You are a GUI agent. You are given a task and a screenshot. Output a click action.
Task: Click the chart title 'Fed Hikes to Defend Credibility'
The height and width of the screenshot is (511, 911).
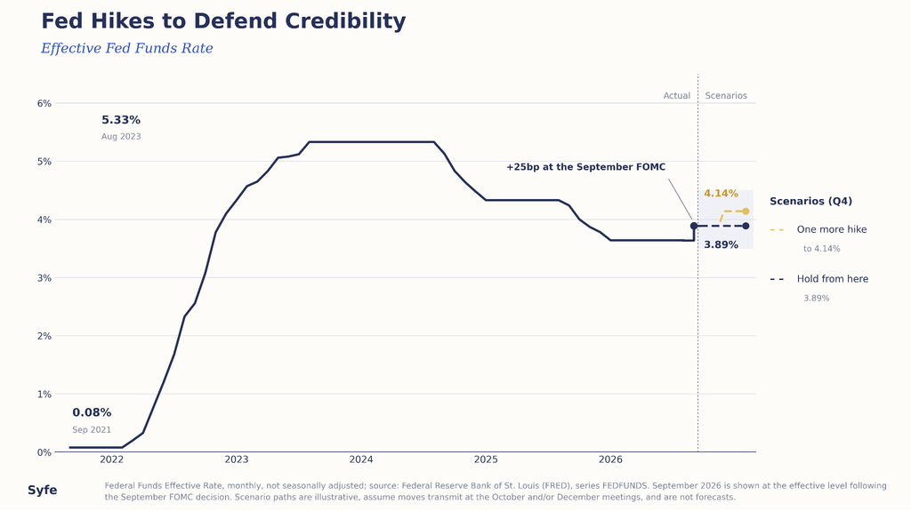(x=223, y=21)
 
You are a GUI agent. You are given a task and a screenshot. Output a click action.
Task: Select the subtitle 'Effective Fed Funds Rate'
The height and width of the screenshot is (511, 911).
(x=126, y=48)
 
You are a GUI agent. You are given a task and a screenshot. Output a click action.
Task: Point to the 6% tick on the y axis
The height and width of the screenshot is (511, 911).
(x=44, y=103)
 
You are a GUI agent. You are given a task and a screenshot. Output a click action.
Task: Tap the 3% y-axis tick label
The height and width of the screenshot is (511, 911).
(x=44, y=278)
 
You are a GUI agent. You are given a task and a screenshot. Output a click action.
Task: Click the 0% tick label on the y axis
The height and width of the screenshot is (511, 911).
(x=44, y=452)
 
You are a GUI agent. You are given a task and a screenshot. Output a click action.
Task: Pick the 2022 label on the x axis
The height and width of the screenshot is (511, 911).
(x=111, y=460)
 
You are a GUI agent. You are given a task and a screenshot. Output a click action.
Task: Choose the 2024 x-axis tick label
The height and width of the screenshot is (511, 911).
(x=361, y=460)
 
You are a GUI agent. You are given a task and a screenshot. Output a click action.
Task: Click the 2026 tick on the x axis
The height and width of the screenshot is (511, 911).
(x=610, y=460)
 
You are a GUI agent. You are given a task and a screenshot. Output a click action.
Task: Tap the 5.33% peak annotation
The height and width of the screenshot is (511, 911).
(x=121, y=120)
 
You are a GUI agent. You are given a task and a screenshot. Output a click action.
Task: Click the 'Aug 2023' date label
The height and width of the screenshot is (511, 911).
(x=121, y=137)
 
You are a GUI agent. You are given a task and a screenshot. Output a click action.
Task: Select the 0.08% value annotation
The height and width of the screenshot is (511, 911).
(x=92, y=413)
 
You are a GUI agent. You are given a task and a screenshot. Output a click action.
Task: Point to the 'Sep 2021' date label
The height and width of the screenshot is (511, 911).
(x=92, y=430)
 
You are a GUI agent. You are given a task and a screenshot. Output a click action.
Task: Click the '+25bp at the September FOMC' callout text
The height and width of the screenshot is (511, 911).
(x=585, y=167)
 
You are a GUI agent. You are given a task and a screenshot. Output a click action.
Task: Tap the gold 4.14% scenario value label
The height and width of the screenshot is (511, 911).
(x=721, y=194)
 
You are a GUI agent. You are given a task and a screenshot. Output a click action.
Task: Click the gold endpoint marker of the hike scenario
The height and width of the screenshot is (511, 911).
(x=746, y=212)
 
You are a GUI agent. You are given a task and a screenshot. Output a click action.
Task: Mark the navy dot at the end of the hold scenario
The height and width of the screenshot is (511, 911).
(x=746, y=226)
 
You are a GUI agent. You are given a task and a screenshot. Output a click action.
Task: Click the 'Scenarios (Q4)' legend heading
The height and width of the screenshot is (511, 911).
(x=811, y=202)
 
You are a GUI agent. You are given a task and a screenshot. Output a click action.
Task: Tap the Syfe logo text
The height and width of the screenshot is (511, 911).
(x=43, y=490)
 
